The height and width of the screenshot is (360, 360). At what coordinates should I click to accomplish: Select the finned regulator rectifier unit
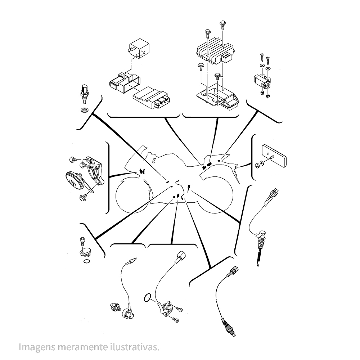point(215,51)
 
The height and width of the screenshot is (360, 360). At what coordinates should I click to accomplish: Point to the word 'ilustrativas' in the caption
point(134,347)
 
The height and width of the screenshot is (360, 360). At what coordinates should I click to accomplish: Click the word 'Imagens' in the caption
point(37,347)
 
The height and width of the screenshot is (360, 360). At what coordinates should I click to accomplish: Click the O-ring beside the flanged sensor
point(147,298)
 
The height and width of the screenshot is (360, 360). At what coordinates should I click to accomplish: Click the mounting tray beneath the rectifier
point(218,97)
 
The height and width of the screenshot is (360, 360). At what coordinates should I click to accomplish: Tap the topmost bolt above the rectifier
point(222,25)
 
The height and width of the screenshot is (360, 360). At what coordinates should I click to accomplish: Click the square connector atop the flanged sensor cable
point(181,255)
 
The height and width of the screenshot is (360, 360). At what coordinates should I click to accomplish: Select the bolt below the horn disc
point(82,197)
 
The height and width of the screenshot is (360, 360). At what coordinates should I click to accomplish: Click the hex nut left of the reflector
point(257,165)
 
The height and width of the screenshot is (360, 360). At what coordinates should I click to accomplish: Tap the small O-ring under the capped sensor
point(86,261)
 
